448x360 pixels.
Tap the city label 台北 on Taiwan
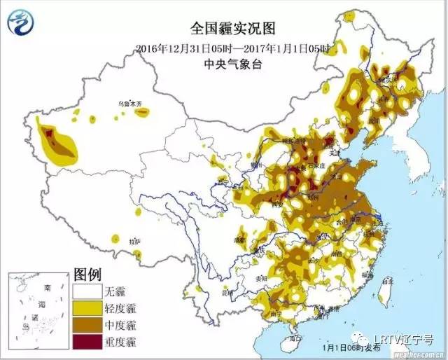(384, 279)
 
